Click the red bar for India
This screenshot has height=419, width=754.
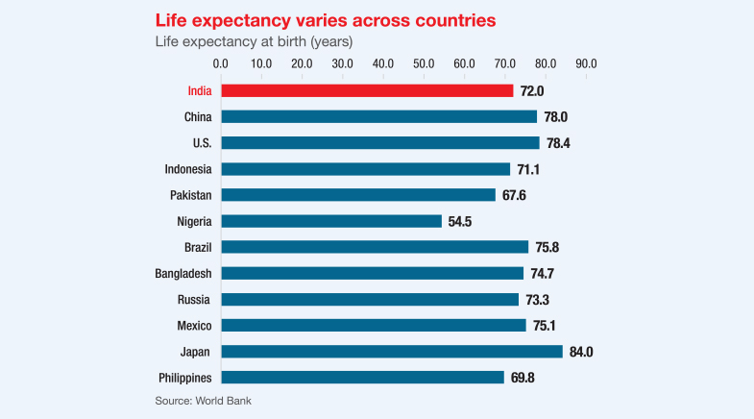click(x=367, y=90)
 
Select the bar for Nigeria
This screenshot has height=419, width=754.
click(x=331, y=221)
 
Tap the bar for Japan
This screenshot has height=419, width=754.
click(x=392, y=352)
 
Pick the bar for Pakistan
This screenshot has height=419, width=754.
click(x=358, y=195)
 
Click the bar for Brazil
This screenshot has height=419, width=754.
click(x=375, y=247)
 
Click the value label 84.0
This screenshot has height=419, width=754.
click(x=582, y=352)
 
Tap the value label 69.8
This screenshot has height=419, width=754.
click(x=523, y=378)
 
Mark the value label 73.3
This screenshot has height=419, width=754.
click(x=537, y=300)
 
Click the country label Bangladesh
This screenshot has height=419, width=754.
click(x=183, y=274)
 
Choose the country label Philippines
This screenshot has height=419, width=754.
click(x=183, y=378)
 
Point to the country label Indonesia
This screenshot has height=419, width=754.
click(x=188, y=169)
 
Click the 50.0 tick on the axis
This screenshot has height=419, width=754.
click(x=424, y=63)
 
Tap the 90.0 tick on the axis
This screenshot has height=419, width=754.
click(x=586, y=63)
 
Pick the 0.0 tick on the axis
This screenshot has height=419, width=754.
click(x=220, y=63)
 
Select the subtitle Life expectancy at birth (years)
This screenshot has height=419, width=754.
click(x=254, y=41)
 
